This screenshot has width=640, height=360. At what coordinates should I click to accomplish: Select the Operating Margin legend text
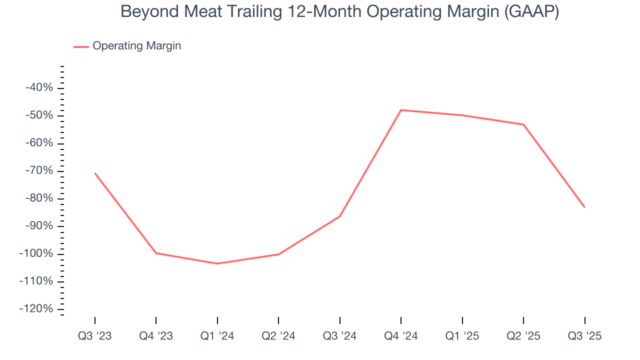(136, 46)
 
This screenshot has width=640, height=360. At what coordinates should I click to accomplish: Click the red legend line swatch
(81, 46)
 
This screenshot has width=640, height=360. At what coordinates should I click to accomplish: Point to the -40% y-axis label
(39, 88)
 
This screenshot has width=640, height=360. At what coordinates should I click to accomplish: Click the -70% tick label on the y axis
(39, 171)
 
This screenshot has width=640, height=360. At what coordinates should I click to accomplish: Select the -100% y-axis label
(36, 253)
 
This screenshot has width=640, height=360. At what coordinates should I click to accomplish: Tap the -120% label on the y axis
(36, 309)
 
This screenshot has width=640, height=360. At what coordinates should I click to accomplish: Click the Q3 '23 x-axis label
(95, 336)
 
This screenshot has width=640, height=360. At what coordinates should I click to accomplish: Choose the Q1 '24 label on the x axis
(217, 336)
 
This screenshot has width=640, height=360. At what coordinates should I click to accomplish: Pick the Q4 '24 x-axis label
(401, 336)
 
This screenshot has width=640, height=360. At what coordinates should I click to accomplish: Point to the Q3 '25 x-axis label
(584, 336)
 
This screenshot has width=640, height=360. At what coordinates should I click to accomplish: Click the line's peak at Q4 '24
(401, 110)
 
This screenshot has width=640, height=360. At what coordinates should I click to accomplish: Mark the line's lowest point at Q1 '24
(217, 263)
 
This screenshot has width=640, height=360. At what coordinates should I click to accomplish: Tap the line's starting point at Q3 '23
(95, 173)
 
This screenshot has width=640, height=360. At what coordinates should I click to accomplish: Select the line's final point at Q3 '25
(584, 207)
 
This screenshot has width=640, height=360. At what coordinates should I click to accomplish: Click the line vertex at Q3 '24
(340, 216)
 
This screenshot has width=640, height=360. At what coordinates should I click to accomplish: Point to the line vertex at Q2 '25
(523, 124)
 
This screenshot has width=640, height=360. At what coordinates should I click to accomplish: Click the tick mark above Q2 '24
(278, 320)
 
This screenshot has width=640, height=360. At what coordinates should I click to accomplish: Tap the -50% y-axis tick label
(39, 115)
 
